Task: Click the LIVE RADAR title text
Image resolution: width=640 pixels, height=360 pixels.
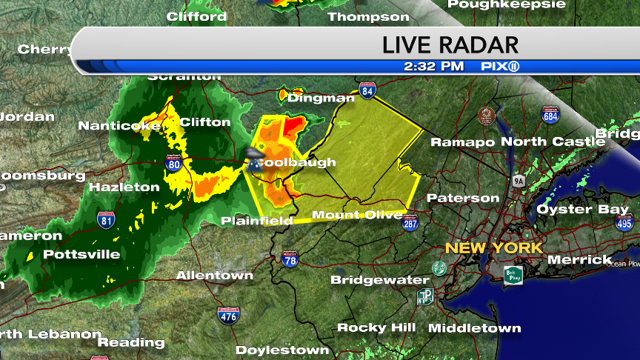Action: (x=450, y=44)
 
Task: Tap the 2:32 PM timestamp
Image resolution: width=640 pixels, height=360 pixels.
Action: (x=434, y=66)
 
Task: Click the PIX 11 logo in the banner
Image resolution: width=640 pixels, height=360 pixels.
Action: (x=499, y=66)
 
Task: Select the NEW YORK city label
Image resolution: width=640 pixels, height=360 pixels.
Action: (x=494, y=248)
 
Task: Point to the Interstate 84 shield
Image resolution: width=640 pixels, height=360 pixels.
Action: (x=367, y=91)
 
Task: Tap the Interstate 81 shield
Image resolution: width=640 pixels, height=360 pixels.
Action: (x=106, y=219)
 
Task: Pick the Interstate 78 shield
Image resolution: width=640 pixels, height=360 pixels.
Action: (x=290, y=259)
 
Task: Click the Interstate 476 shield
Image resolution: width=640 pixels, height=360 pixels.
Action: (x=228, y=314)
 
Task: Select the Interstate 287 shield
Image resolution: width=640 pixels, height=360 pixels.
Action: (x=410, y=223)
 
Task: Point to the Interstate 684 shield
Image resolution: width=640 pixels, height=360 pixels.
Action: (x=550, y=115)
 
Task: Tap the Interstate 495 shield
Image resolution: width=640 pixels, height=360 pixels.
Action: (x=624, y=222)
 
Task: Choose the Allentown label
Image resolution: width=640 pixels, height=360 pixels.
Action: (x=215, y=276)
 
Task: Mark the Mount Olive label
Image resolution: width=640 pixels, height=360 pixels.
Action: (x=357, y=215)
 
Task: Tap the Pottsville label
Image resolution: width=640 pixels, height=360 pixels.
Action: (x=81, y=254)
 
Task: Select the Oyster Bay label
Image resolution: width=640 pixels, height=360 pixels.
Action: (x=582, y=210)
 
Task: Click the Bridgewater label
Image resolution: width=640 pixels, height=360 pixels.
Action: (x=379, y=280)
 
